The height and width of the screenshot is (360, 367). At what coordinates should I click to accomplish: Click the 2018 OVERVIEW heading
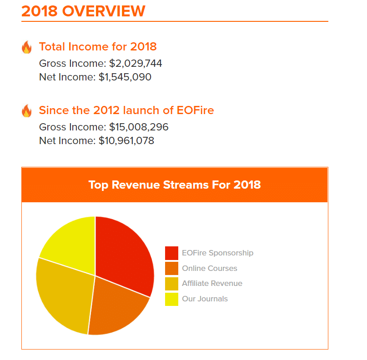(83, 11)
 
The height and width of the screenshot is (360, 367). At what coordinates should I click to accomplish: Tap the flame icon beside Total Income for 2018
(27, 47)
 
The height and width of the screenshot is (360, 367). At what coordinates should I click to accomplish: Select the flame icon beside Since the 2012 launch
(27, 111)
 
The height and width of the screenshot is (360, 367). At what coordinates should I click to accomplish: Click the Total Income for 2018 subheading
(98, 46)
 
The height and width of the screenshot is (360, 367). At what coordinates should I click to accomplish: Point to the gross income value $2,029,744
(136, 63)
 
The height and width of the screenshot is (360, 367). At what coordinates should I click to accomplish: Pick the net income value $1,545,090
(125, 77)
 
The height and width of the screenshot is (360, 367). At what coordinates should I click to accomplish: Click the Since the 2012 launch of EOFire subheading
(126, 110)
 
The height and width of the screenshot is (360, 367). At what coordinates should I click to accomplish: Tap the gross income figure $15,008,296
(139, 127)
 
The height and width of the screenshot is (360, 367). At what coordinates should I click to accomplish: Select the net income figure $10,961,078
(126, 140)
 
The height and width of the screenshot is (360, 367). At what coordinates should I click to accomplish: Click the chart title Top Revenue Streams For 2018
(175, 185)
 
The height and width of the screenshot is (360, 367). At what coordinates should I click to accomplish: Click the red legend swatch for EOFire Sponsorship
(171, 253)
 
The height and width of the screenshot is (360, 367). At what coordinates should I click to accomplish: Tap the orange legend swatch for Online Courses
(171, 268)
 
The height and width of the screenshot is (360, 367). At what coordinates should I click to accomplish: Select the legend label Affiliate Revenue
(212, 283)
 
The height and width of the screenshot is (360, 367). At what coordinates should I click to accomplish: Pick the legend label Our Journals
(205, 299)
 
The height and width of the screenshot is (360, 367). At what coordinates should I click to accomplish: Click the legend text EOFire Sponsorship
(217, 253)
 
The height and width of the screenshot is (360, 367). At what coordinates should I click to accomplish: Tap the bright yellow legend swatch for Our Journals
(171, 299)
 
